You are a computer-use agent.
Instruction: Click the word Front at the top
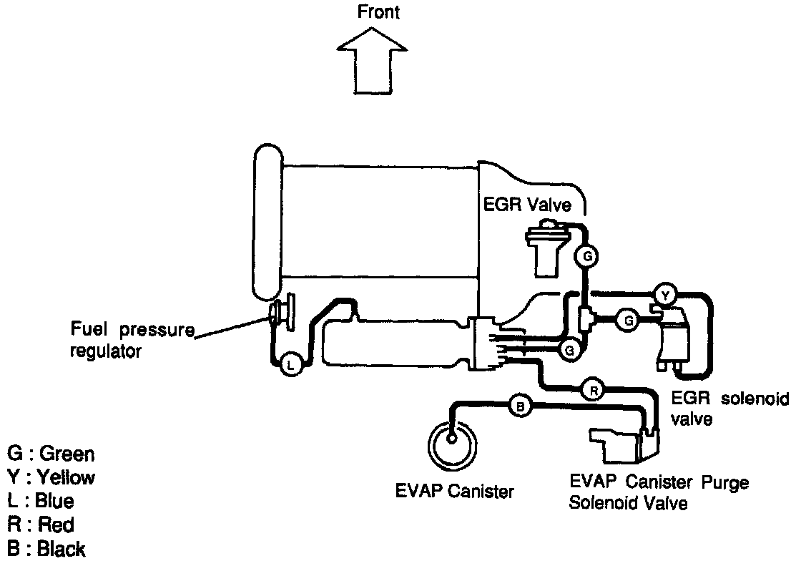click(x=378, y=12)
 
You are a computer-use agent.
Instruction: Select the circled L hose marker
click(x=290, y=364)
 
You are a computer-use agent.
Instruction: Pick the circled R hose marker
click(x=593, y=390)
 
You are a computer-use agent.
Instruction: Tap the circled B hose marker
click(x=520, y=406)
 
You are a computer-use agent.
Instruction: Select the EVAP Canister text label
click(x=455, y=492)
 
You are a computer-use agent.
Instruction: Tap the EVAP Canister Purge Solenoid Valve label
click(x=658, y=492)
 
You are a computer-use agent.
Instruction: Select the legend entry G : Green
click(x=50, y=454)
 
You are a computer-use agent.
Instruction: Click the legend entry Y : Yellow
click(x=50, y=477)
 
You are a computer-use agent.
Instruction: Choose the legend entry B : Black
click(x=46, y=549)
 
